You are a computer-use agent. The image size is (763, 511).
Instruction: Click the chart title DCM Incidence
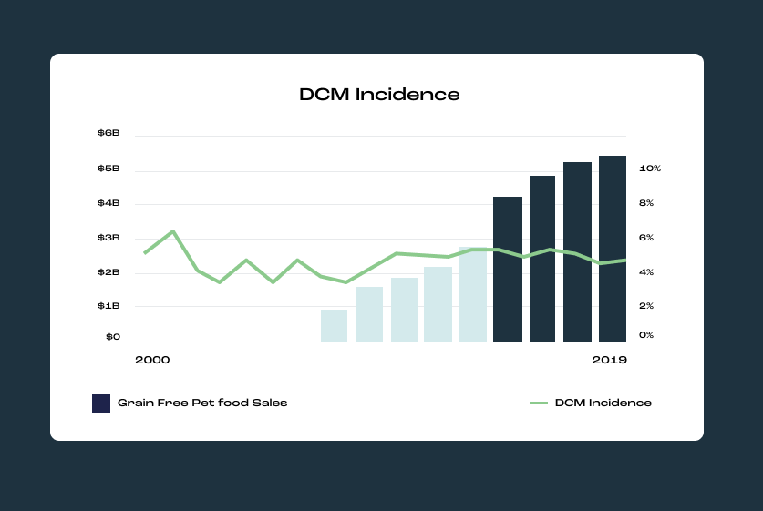379,95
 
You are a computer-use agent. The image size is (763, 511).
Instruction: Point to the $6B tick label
108,134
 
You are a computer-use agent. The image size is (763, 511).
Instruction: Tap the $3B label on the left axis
108,238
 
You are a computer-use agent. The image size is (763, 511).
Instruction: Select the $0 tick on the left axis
112,337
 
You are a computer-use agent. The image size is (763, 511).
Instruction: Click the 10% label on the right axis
649,169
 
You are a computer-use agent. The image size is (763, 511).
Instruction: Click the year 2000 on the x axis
152,360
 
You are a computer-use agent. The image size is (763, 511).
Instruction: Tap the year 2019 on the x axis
609,360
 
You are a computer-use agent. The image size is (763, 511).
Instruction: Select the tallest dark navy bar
612,250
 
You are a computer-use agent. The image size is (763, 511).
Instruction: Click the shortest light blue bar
334,326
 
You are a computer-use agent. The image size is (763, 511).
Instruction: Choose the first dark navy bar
508,270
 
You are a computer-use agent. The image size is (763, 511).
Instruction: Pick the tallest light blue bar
473,295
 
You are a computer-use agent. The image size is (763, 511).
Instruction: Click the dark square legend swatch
101,403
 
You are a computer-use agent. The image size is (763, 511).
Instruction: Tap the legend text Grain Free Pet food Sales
202,403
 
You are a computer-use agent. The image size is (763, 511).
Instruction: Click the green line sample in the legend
538,403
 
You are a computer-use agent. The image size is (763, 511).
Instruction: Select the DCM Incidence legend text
603,403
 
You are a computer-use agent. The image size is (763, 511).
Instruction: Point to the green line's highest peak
173,231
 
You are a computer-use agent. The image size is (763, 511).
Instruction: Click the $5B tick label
108,169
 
